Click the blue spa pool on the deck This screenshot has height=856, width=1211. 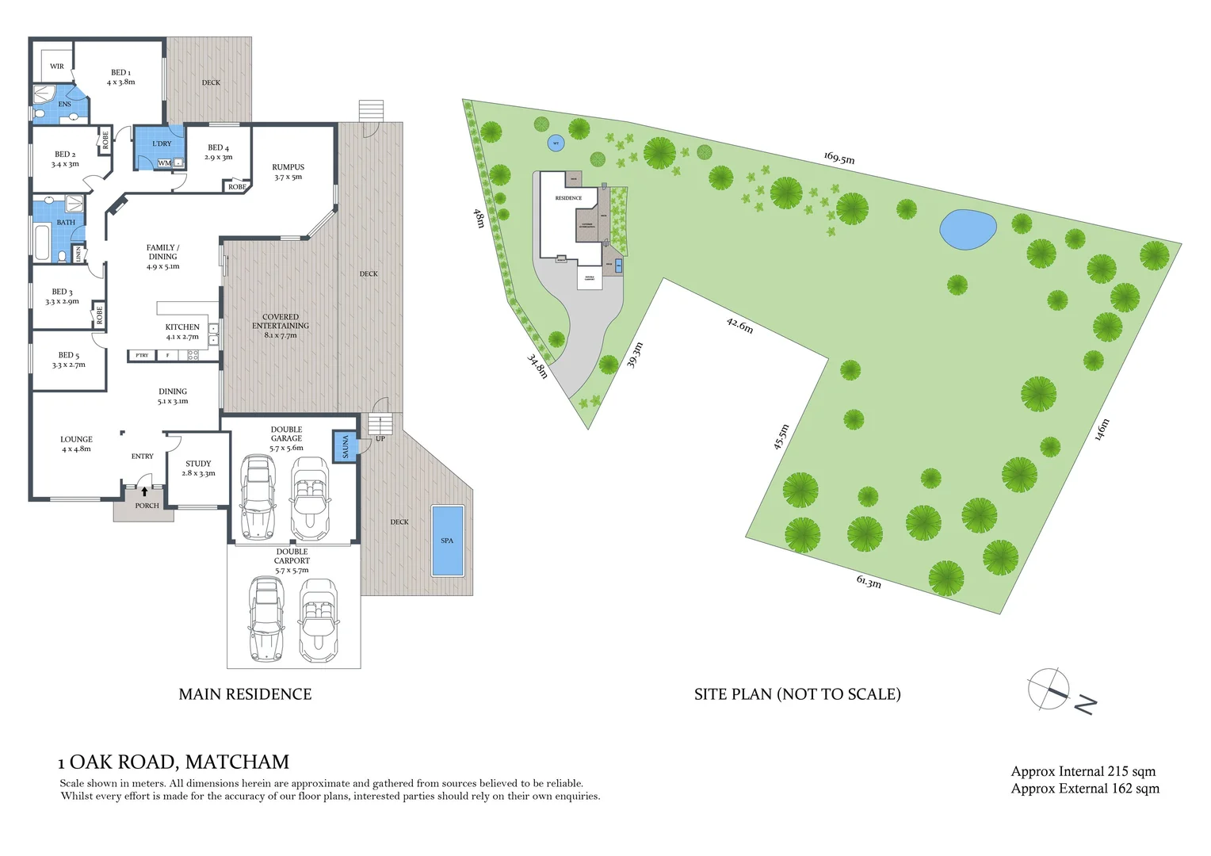448,541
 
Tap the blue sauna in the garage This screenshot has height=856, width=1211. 345,447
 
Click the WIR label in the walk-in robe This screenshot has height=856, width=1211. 57,67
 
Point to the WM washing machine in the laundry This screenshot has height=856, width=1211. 164,163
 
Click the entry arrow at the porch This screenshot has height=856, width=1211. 144,491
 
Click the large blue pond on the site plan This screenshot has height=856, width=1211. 968,230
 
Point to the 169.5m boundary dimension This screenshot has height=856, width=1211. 839,159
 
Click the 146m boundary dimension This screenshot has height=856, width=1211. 1102,430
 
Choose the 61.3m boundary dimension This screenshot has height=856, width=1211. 869,582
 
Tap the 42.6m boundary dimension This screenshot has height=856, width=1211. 739,325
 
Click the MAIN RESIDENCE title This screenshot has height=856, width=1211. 245,694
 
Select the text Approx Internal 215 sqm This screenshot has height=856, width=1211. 1083,771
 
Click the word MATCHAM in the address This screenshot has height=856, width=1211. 237,762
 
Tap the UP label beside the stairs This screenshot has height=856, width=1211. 380,438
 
